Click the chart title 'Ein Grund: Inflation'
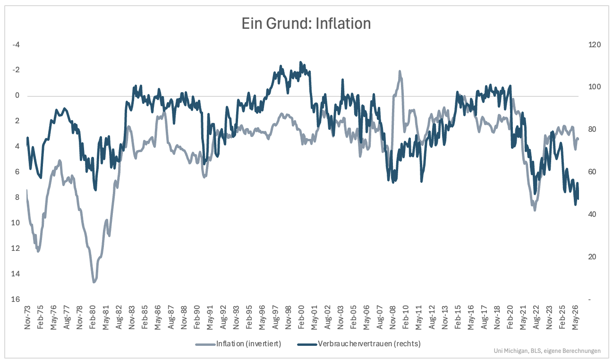pyautogui.click(x=306, y=24)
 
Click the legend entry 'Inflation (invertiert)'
pyautogui.click(x=248, y=343)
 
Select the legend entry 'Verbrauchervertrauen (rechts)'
pyautogui.click(x=369, y=343)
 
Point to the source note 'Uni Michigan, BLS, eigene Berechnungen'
pyautogui.click(x=547, y=351)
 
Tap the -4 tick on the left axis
pyautogui.click(x=16, y=44)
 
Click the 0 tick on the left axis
pyautogui.click(x=17, y=95)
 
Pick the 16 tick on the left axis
pyautogui.click(x=16, y=299)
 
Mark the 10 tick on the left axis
pyautogui.click(x=16, y=223)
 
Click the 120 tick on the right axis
pyautogui.click(x=595, y=44)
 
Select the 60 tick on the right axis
pyautogui.click(x=592, y=172)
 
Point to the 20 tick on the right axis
pyautogui.click(x=592, y=257)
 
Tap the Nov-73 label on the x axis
pyautogui.click(x=27, y=317)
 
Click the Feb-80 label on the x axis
pyautogui.click(x=92, y=317)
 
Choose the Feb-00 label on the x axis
pyautogui.click(x=301, y=317)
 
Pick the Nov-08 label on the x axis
pyautogui.click(x=392, y=317)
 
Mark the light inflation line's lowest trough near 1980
pyautogui.click(x=94, y=282)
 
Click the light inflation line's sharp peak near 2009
pyautogui.click(x=400, y=71)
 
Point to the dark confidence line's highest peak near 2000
pyautogui.click(x=300, y=62)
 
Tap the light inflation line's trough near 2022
pyautogui.click(x=535, y=210)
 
